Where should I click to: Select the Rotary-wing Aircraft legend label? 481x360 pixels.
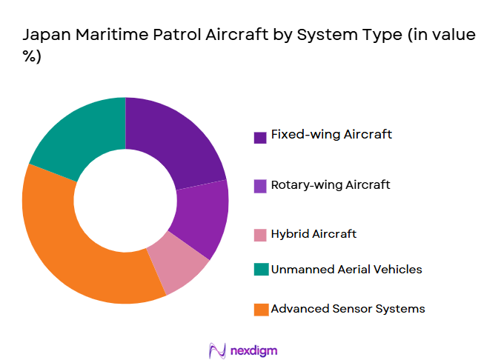pos(331,184)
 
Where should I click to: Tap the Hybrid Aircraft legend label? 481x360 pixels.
pos(314,234)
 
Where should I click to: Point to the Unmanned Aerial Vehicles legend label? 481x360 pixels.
pos(346,270)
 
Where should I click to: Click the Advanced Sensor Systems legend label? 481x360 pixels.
pos(348,309)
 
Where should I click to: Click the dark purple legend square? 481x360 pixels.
pos(260,137)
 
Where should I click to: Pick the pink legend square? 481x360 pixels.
pos(260,236)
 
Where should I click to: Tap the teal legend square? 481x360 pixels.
pos(260,270)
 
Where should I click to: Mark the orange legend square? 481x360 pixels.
pos(260,310)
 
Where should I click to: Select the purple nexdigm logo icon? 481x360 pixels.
pos(217,349)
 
